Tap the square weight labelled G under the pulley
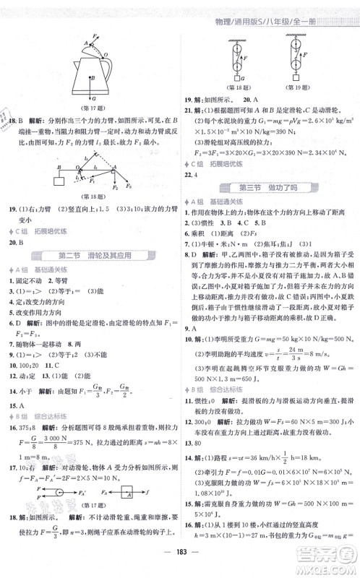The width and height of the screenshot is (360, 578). tap(235, 81)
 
